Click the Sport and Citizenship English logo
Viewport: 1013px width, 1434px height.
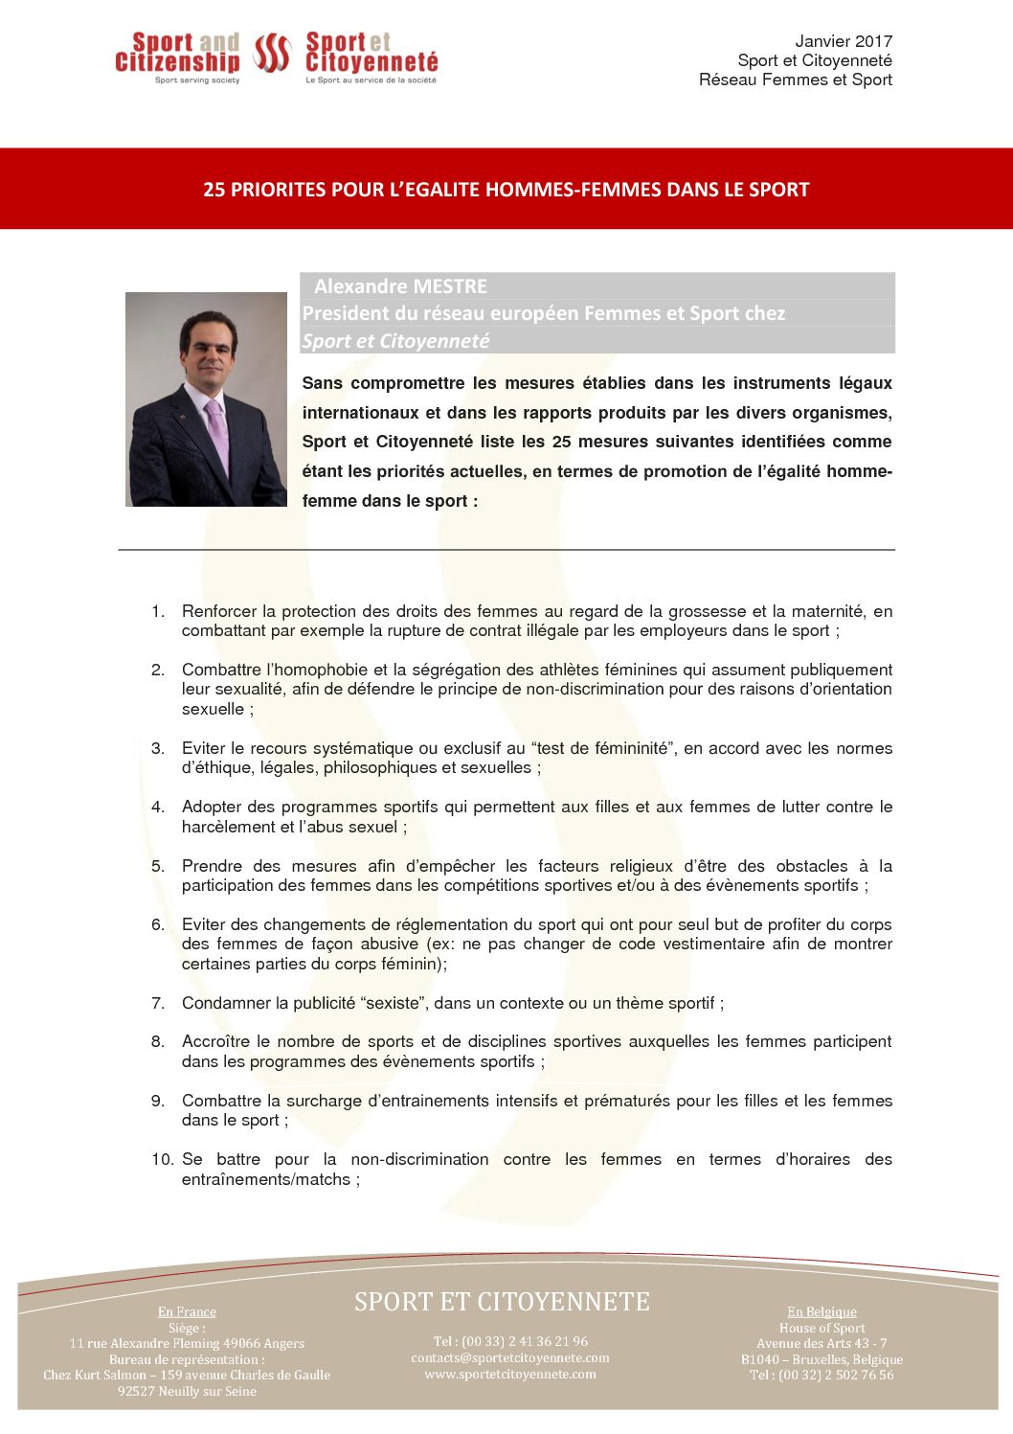(x=177, y=56)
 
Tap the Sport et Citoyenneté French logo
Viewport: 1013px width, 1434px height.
(x=371, y=56)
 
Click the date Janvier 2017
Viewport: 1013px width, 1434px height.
(x=843, y=41)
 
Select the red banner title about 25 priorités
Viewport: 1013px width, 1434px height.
(x=506, y=190)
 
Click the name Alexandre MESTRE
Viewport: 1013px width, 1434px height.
(x=400, y=286)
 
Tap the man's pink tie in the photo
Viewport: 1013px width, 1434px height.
(x=218, y=436)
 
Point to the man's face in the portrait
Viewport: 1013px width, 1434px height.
(x=208, y=349)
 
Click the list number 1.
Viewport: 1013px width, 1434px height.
(x=157, y=611)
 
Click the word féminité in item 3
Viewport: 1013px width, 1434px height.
(x=629, y=748)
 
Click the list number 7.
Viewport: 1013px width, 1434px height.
(x=157, y=1003)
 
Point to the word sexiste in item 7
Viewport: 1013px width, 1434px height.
(x=393, y=1003)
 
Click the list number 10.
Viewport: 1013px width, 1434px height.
(x=162, y=1159)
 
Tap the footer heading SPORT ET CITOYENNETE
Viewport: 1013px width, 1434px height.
(x=502, y=1302)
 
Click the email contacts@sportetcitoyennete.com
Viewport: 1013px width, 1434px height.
(x=510, y=1357)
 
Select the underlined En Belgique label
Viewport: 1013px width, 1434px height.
(x=822, y=1311)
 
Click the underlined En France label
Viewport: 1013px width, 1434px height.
(x=187, y=1311)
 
